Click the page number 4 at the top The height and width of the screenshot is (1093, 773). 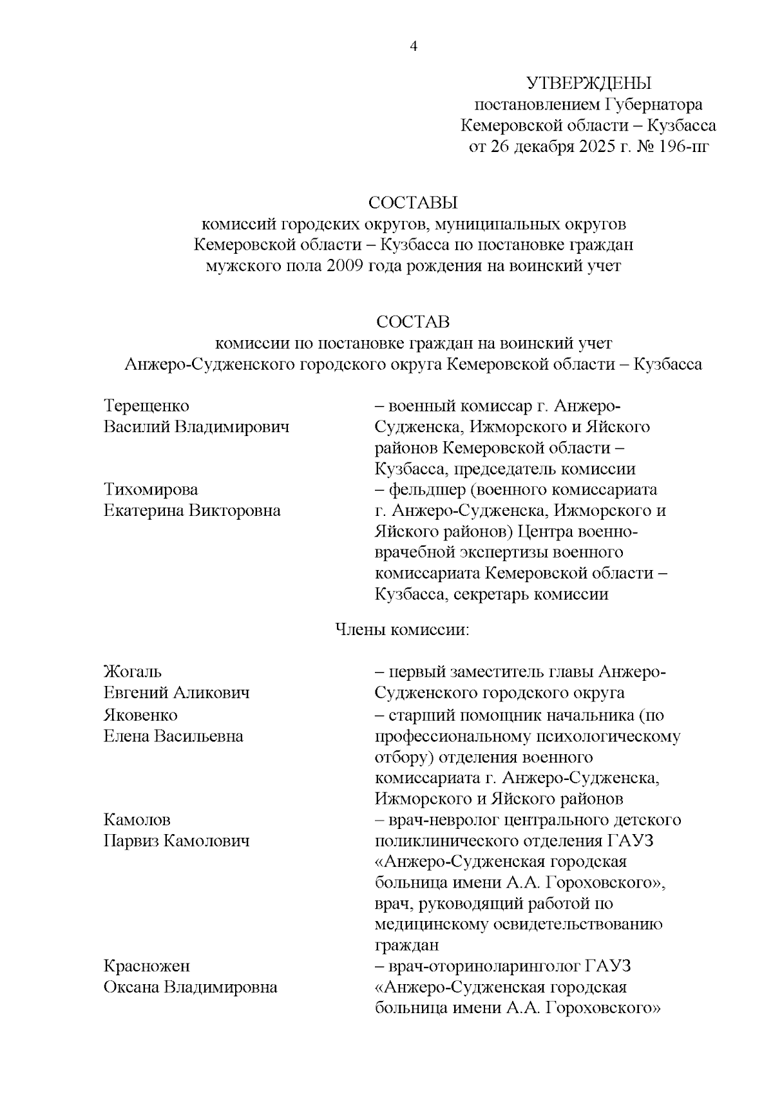[x=414, y=46]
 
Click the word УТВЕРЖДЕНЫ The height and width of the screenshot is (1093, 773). [x=589, y=83]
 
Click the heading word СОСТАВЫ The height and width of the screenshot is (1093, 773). [x=413, y=203]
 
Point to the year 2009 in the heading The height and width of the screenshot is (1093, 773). [x=345, y=266]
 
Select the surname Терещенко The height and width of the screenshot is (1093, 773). [x=146, y=406]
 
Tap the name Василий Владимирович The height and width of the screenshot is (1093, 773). [x=196, y=427]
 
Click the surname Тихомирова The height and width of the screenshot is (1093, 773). [x=151, y=489]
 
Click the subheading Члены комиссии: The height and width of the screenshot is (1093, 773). [x=402, y=629]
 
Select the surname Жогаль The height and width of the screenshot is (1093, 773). [x=133, y=672]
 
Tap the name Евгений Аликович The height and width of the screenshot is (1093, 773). [x=177, y=693]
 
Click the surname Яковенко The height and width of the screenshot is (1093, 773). [x=140, y=715]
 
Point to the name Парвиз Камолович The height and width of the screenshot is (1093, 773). [x=177, y=841]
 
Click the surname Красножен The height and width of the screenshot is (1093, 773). [x=147, y=966]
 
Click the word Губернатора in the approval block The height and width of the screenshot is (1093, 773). [x=653, y=104]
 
